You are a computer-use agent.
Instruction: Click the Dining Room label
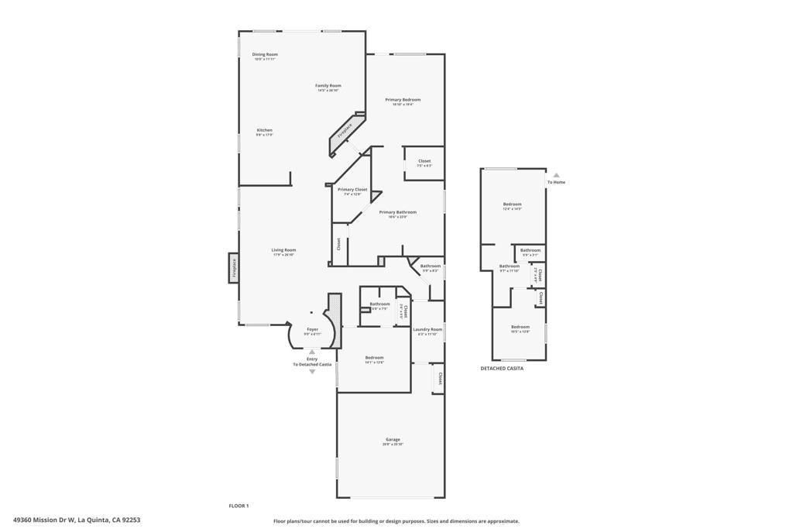point(265,55)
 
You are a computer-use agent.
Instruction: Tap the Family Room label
point(328,86)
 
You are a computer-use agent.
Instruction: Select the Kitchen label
point(265,130)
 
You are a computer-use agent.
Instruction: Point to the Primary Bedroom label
point(403,100)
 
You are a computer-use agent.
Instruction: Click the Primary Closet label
point(352,190)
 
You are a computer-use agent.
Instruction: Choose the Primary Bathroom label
point(397,212)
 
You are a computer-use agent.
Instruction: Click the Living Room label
point(283,250)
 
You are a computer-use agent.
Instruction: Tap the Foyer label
point(313,329)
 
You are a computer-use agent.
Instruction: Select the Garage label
point(392,440)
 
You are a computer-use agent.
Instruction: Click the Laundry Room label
point(427,330)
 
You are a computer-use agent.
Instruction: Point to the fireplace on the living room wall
point(234,268)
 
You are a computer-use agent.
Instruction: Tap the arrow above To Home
point(556,175)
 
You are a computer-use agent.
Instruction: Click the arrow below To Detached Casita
point(312,372)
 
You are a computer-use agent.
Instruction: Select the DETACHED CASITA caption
point(502,369)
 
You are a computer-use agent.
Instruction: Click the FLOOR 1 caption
point(239,506)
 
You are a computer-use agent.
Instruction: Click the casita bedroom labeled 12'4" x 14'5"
point(512,204)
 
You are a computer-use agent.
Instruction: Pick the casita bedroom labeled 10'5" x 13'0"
point(520,327)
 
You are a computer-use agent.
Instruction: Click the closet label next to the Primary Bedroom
point(424,161)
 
